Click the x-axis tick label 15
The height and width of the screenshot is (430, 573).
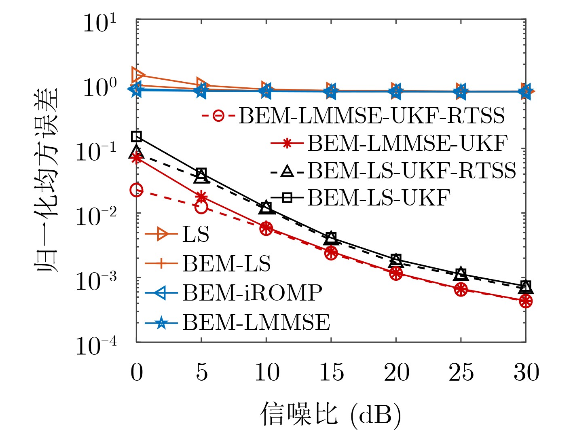[x=331, y=373]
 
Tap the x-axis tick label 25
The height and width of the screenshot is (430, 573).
[x=461, y=373]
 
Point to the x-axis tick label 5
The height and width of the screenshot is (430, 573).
[x=201, y=373]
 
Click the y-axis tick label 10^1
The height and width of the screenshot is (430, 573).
[x=99, y=23]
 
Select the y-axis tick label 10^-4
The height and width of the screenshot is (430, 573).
[x=96, y=346]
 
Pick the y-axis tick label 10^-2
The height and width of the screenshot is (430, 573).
[x=96, y=217]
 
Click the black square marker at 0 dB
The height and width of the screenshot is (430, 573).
[x=137, y=136]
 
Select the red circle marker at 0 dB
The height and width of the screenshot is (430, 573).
[x=137, y=190]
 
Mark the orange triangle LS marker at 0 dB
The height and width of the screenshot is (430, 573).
[x=137, y=75]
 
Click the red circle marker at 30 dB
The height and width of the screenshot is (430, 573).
[x=526, y=301]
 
